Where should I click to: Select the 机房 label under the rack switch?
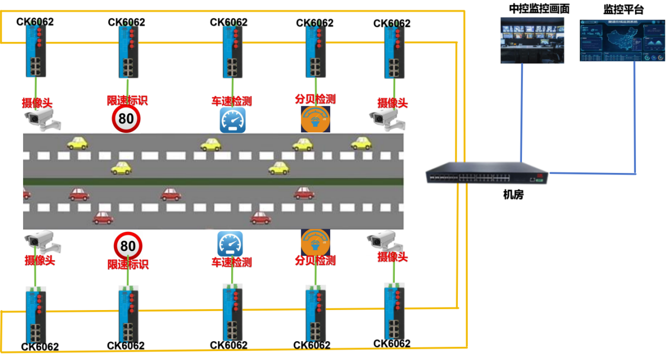pos(513,195)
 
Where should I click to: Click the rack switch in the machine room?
pos(487,173)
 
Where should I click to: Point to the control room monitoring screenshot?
pos(532,40)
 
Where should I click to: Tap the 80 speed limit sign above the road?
pos(126,119)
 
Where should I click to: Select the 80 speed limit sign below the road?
pos(128,245)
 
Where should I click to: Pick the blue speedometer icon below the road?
pos(230,244)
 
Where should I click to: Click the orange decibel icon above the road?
pos(315,119)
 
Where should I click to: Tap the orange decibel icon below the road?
pos(315,242)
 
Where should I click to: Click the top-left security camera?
pos(42,119)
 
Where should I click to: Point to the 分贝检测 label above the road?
pos(315,99)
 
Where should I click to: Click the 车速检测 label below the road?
pos(231,262)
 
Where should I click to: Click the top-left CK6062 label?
pos(35,22)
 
